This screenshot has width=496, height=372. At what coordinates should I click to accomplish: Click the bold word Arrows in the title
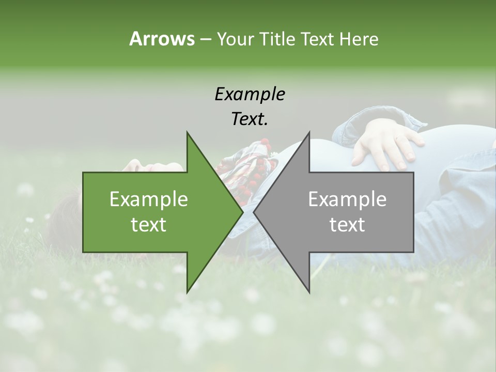(162, 39)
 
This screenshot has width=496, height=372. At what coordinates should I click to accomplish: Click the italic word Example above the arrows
(250, 94)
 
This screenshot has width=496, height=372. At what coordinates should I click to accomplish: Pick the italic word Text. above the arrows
(250, 119)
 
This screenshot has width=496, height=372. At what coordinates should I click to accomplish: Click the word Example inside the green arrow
(149, 199)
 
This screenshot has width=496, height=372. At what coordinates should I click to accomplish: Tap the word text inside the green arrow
(149, 225)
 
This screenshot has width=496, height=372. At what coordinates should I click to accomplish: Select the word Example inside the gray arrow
(347, 199)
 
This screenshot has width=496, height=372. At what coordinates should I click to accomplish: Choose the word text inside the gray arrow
(347, 225)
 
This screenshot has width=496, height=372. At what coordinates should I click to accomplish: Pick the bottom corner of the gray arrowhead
(309, 292)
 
